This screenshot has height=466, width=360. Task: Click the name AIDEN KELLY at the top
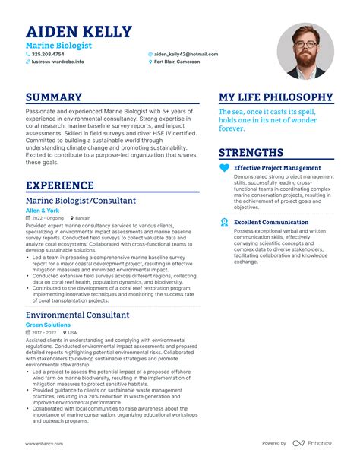(x=79, y=32)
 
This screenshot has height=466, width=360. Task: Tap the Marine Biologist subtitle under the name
(x=58, y=46)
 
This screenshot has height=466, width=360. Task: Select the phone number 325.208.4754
(x=47, y=55)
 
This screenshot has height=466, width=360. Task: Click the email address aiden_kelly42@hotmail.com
(x=185, y=55)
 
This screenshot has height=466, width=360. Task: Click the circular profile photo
(x=305, y=51)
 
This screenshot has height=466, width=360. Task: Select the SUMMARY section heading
(x=53, y=97)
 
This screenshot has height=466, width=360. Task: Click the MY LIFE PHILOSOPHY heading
(x=276, y=97)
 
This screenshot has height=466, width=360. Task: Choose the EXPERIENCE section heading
(x=60, y=185)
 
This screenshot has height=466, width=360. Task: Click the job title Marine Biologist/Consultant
(x=81, y=201)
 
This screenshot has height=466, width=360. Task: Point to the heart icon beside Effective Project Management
(x=224, y=167)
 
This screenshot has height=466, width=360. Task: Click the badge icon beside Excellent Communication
(x=224, y=222)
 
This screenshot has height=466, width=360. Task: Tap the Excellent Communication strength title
(x=271, y=222)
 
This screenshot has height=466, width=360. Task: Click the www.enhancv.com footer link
(x=44, y=443)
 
